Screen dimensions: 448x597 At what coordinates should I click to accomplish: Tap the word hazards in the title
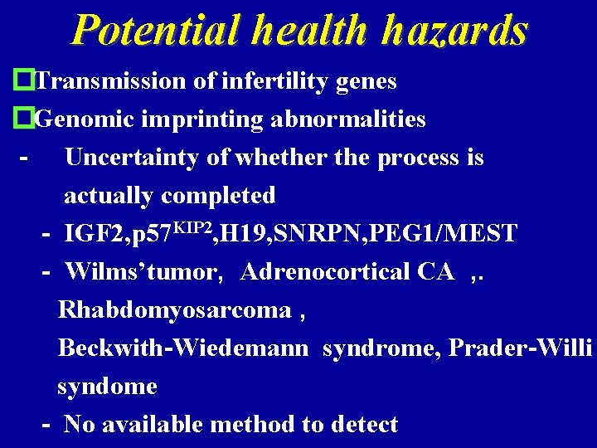(x=454, y=31)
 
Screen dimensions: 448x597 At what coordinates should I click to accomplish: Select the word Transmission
(x=111, y=81)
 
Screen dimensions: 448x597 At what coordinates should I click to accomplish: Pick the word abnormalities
(x=354, y=119)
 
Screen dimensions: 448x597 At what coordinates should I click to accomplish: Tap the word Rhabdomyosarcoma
(x=175, y=310)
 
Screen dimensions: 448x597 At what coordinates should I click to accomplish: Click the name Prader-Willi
(x=520, y=348)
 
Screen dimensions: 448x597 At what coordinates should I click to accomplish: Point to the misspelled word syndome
(x=107, y=387)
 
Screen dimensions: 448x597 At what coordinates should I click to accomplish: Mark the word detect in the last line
(x=364, y=425)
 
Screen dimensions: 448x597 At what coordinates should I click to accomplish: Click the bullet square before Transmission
(x=24, y=81)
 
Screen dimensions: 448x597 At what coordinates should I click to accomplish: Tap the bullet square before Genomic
(x=24, y=119)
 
